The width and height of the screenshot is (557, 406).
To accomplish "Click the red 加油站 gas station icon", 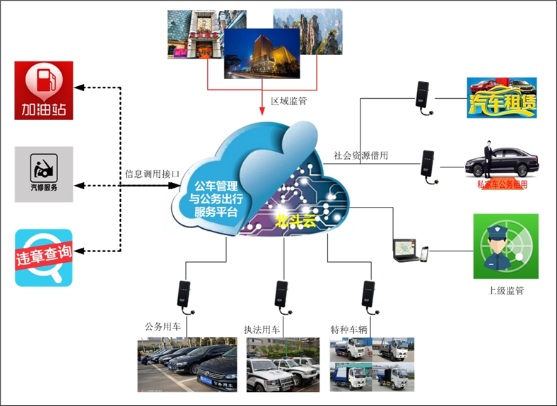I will point(44,90).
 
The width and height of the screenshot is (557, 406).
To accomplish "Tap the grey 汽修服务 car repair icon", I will point(44,174).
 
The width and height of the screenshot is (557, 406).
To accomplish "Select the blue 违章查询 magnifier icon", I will point(44,258).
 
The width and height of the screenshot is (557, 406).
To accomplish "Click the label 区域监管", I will point(289,101).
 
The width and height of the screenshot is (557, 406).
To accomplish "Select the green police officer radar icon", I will point(505,246).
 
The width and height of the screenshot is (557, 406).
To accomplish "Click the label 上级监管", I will point(505,290).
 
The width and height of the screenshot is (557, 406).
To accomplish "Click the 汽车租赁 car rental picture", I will point(502,98).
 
